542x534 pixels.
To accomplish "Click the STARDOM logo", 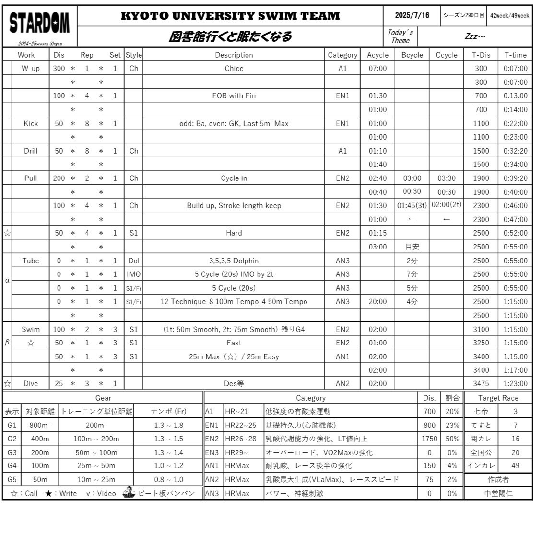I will coord(40,23).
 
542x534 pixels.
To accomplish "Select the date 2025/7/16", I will coord(412,15).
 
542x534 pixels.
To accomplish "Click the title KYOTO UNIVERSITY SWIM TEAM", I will coord(230,15).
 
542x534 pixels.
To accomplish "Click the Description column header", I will coord(234,55).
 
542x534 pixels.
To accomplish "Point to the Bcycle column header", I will coord(412,55).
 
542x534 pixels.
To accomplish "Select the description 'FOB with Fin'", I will coord(234,95).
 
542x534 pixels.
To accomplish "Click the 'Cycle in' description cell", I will coord(234,178).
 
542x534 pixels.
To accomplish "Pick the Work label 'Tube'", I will coord(31,261).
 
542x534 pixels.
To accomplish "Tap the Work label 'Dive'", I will coord(31,383).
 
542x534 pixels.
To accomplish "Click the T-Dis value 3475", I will coord(481,383).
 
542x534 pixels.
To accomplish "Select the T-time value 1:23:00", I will coord(515,383).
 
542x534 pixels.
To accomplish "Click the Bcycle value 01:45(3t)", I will coord(412,205).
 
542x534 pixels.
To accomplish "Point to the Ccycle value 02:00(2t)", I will coord(447,205).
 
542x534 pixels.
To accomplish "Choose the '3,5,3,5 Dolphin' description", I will coord(234,261).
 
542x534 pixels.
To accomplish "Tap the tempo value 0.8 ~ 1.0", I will coord(168,479).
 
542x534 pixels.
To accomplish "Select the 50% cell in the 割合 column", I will coord(452,439).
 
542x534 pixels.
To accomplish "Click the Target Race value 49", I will coord(515,465).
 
